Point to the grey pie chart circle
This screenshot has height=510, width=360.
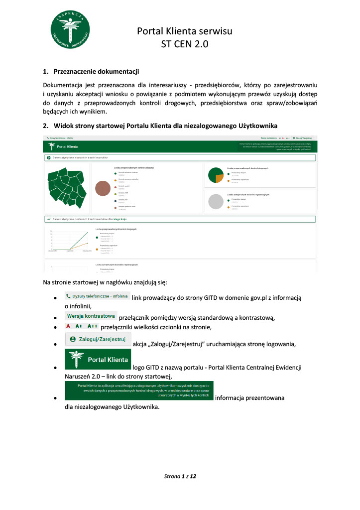click(217, 201)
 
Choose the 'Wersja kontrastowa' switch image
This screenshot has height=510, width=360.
click(91, 316)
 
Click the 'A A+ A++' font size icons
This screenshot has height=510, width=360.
click(82, 326)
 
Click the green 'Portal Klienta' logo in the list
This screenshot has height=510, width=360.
click(98, 359)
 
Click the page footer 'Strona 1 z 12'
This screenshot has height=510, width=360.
click(180, 477)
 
